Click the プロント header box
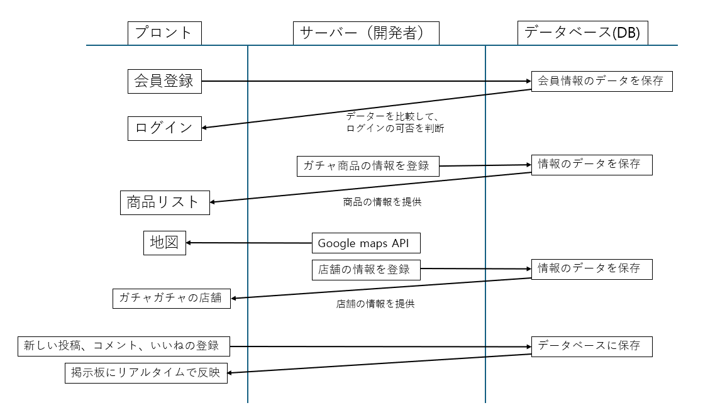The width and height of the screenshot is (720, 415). [x=164, y=33]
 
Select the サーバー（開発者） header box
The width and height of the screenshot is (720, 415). [x=366, y=33]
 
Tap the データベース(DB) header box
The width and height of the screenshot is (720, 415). [x=582, y=33]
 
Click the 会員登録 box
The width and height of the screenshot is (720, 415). [x=164, y=81]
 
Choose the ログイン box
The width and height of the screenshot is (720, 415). [x=164, y=128]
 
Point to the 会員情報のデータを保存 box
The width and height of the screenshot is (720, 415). [x=601, y=81]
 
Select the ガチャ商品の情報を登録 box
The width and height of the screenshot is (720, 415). [x=367, y=166]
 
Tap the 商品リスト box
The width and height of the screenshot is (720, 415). [x=164, y=202]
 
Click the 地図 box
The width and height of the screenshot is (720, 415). [x=164, y=243]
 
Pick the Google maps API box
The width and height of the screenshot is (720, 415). [x=365, y=243]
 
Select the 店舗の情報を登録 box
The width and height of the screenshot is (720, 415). [x=365, y=269]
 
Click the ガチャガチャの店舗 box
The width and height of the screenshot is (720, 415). [x=172, y=298]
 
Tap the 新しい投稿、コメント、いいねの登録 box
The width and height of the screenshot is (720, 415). [x=123, y=346]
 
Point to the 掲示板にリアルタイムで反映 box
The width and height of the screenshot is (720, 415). [x=146, y=373]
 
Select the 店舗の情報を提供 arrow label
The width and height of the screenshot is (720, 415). [x=375, y=304]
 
